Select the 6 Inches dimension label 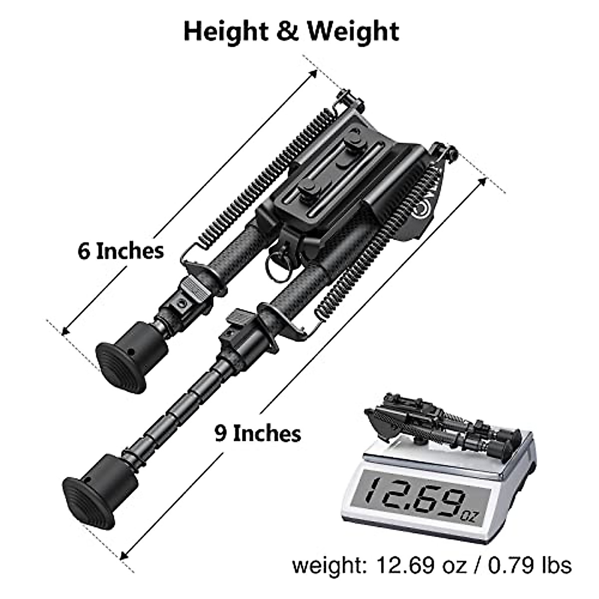[x=120, y=251]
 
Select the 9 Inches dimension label [x=258, y=433]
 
